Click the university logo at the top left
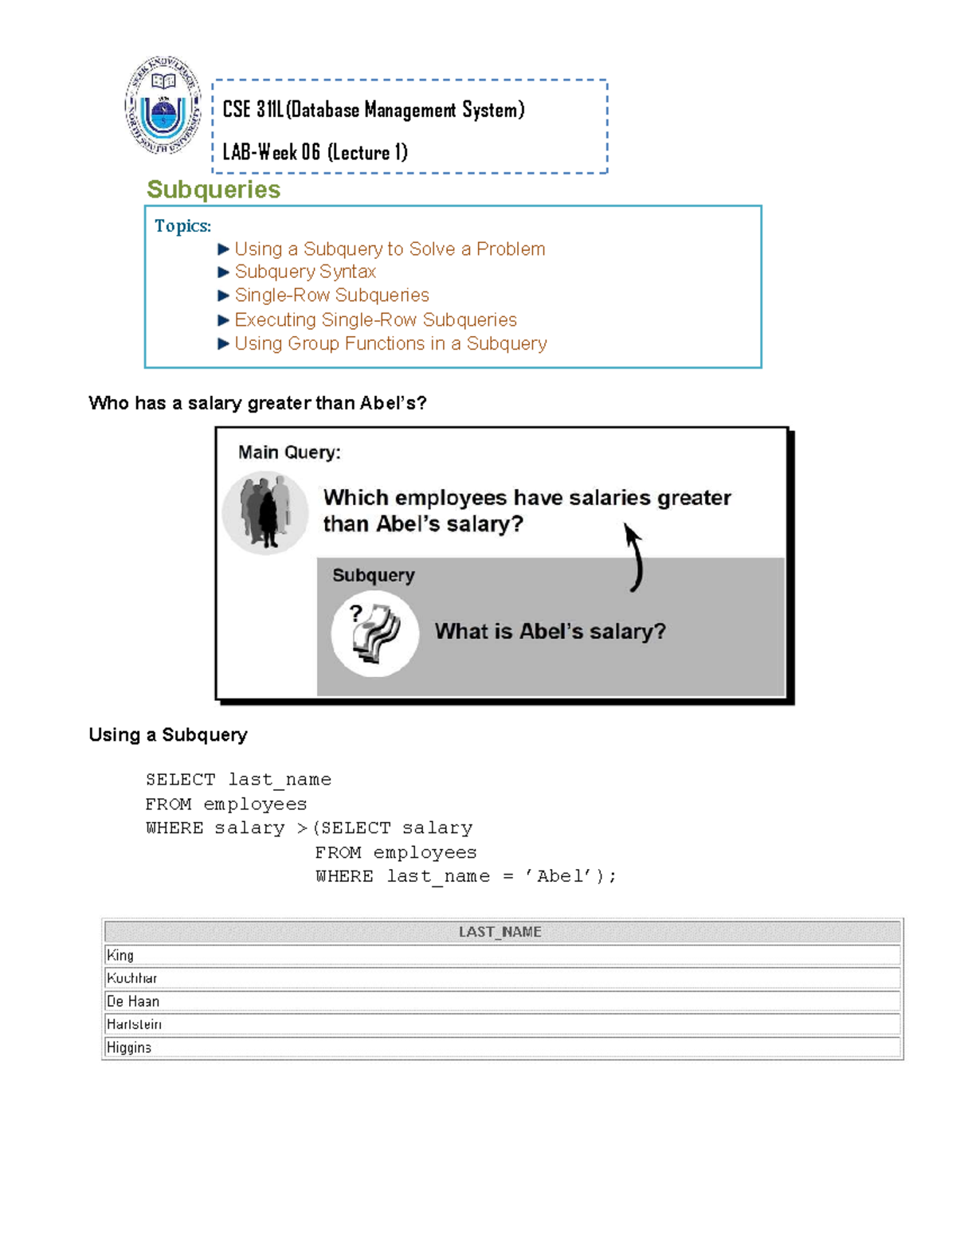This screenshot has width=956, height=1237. [x=163, y=105]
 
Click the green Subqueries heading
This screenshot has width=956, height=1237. [x=214, y=190]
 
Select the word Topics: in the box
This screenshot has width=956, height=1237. [x=182, y=226]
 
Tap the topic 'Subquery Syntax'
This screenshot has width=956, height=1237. [x=305, y=272]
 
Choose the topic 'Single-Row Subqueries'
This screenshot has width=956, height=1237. [x=331, y=296]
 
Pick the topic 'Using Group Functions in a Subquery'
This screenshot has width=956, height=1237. [x=390, y=344]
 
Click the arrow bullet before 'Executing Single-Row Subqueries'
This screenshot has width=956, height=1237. [x=223, y=320]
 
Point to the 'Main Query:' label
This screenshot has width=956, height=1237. [x=289, y=452]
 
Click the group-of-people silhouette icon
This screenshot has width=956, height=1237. [x=265, y=512]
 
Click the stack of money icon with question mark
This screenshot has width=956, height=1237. [x=375, y=633]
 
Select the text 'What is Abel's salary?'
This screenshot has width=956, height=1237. [x=550, y=632]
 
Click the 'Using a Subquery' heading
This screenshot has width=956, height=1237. [x=168, y=735]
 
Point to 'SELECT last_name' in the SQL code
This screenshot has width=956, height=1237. [x=238, y=780]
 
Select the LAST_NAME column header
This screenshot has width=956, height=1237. [x=500, y=932]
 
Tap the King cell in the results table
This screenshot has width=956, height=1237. [x=120, y=955]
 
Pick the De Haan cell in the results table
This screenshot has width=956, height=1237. [x=133, y=1001]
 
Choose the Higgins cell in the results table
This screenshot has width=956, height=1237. [x=129, y=1047]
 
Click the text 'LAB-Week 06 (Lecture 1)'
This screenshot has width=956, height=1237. [x=315, y=152]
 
